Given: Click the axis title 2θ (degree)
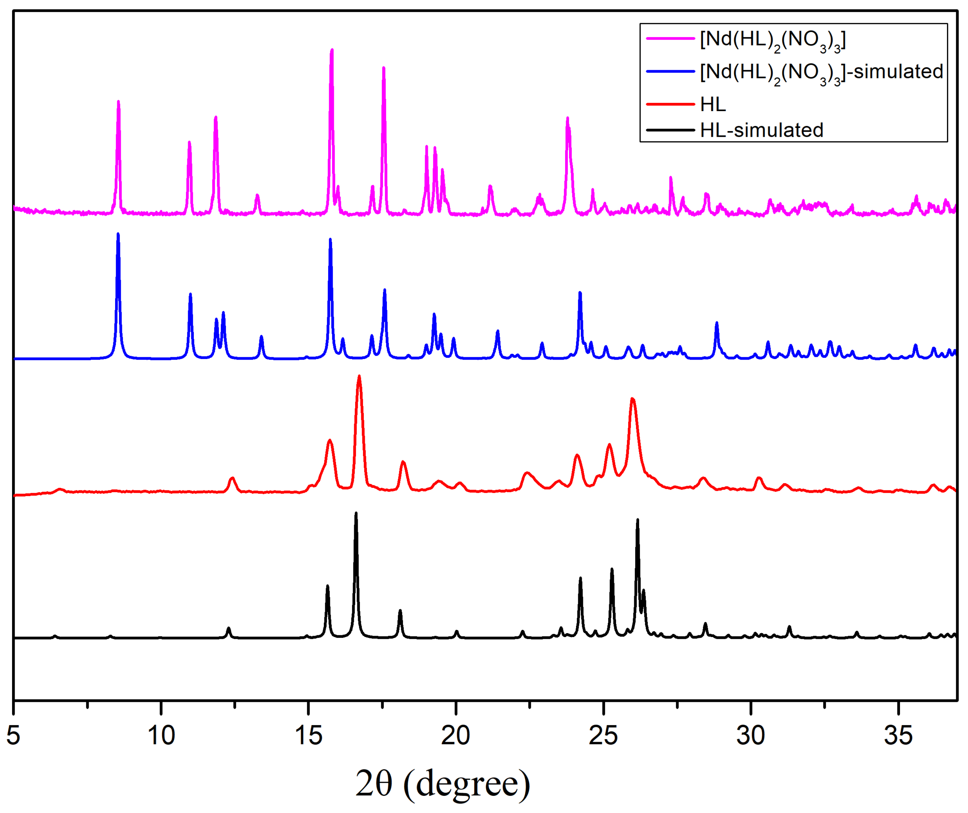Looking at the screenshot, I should point(443,783).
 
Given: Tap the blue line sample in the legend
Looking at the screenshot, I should point(670,72).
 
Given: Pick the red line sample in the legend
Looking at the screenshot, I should point(670,104).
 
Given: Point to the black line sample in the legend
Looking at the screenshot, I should point(670,130).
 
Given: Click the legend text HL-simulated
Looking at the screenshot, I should point(761,130).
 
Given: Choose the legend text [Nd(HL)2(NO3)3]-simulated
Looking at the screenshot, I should point(821,72).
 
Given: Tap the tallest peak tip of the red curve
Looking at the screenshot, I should point(359,376).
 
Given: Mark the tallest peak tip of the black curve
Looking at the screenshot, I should point(356,513).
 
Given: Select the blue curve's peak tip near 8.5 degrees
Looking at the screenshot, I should point(118,234).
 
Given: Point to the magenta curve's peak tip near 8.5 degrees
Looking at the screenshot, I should point(119,101).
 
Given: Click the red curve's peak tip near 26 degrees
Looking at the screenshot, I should point(633,398).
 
